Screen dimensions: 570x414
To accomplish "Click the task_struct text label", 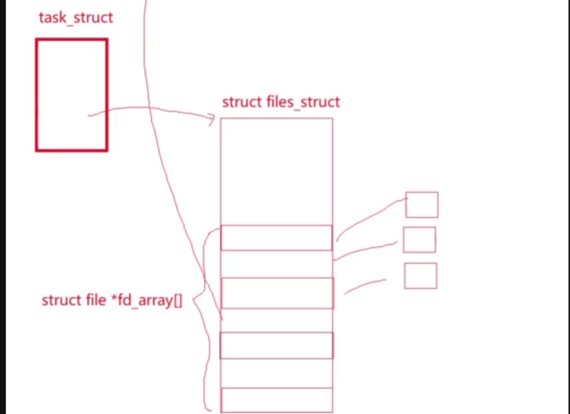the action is [x=75, y=17].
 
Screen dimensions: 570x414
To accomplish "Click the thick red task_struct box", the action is [x=72, y=95].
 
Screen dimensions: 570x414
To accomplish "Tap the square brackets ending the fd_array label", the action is [x=177, y=301].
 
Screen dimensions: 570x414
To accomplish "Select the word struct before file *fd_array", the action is [x=61, y=301].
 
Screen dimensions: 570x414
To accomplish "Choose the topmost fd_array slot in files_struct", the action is [x=276, y=237].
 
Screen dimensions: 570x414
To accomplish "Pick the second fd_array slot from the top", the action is [x=276, y=293].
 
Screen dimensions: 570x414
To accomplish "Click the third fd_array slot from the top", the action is [x=276, y=345].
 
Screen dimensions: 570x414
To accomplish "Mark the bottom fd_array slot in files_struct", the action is [x=276, y=399].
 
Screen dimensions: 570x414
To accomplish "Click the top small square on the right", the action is [x=422, y=205].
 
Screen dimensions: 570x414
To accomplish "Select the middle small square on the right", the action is [x=419, y=240].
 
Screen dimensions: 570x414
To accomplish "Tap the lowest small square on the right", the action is [x=420, y=275].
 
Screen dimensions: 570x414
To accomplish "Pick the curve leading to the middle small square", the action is [x=367, y=249].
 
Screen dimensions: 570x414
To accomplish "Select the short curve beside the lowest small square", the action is [x=365, y=284].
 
